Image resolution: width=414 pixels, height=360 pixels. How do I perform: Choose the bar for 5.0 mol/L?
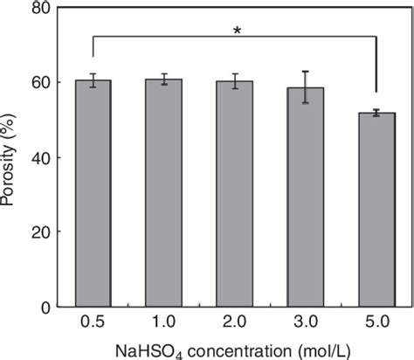pyautogui.click(x=377, y=210)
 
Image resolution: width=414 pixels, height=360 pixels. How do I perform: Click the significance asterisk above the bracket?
pyautogui.click(x=237, y=32)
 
